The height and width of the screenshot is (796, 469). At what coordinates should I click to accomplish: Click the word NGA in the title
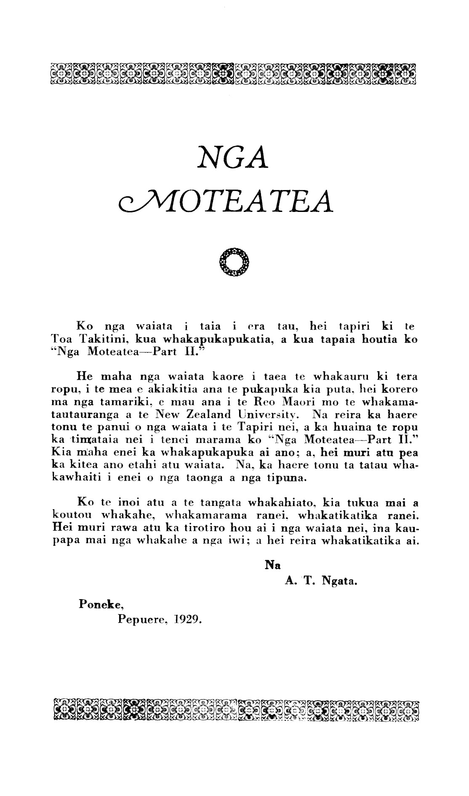click(234, 157)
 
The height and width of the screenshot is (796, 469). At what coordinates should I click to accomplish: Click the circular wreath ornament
click(234, 263)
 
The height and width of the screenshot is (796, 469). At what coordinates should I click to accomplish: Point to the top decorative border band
click(234, 72)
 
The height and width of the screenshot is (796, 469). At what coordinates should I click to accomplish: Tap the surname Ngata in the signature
click(339, 582)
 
